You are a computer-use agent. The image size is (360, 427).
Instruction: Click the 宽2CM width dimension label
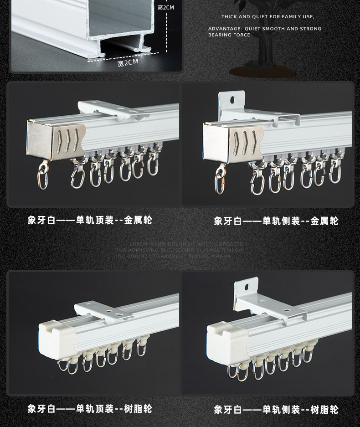coord(127,63)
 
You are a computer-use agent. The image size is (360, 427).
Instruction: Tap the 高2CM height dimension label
coord(165,7)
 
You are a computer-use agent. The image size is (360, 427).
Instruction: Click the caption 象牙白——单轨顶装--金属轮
coord(90,221)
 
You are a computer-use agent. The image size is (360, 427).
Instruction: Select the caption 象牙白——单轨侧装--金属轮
coord(276,221)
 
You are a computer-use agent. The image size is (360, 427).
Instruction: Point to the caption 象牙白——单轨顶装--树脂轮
coord(90,409)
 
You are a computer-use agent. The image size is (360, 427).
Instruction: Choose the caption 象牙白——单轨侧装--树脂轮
coord(276,410)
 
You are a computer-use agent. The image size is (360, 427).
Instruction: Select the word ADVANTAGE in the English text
coord(221,29)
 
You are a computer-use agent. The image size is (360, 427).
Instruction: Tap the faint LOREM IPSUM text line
coord(180,244)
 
